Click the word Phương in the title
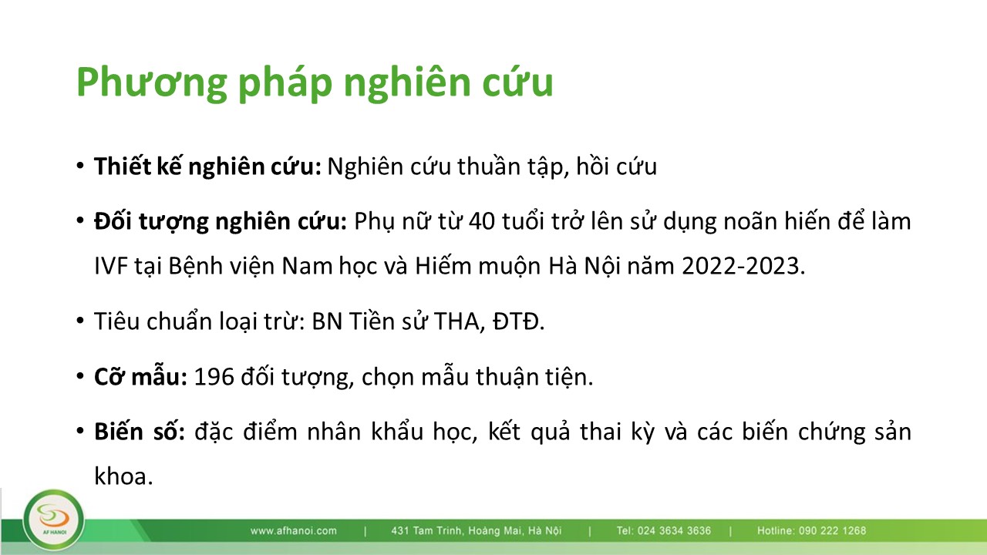pos(152,82)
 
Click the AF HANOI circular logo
pos(54,520)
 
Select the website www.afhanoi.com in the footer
pos(294,531)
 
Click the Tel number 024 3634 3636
pos(674,531)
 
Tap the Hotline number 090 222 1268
pos(832,531)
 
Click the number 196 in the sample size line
pos(214,377)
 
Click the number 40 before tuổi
pos(482,221)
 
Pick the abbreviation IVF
pos(111,266)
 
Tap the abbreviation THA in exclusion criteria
pos(460,321)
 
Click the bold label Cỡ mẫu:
pos(141,377)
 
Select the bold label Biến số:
pos(140,432)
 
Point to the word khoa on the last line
pos(123,476)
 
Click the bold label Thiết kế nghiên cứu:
pos(208,166)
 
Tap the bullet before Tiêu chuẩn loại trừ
pos(79,320)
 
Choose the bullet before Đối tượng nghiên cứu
pos(79,220)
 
